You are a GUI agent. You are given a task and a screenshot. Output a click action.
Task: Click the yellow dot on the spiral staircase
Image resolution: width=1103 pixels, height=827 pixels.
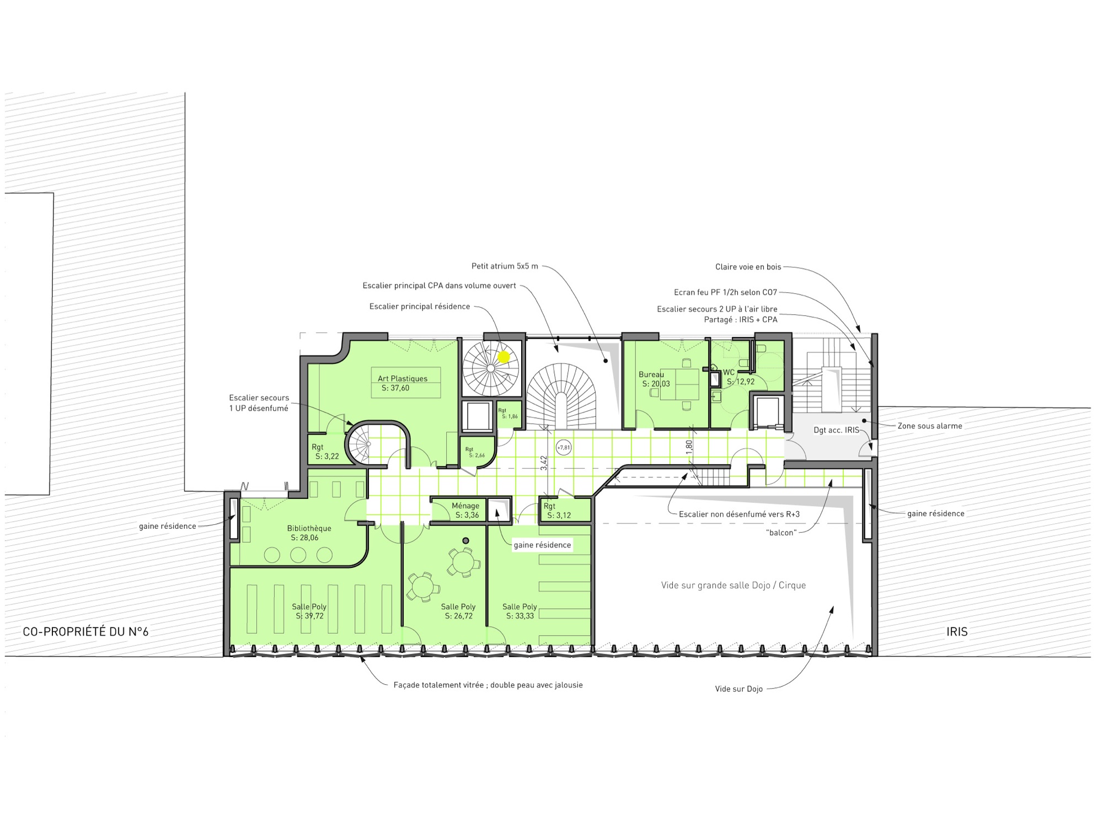tap(504, 357)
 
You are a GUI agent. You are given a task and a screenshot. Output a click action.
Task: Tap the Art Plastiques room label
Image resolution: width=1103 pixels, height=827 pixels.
tap(403, 379)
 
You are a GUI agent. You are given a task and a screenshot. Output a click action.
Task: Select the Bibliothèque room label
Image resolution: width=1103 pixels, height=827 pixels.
tap(309, 528)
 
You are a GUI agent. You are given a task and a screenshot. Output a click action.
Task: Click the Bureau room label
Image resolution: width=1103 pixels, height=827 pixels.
tap(651, 374)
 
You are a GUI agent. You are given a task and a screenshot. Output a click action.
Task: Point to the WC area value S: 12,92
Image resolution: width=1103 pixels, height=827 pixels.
tap(741, 382)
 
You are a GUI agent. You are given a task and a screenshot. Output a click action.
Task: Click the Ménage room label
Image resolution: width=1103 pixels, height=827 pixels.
tap(465, 506)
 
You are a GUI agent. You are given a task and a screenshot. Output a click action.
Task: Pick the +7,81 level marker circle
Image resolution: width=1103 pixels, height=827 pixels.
tap(564, 448)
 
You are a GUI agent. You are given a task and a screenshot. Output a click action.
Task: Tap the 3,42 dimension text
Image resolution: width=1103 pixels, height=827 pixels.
tap(544, 463)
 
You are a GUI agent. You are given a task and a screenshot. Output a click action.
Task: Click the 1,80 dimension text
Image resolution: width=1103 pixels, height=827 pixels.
tap(689, 447)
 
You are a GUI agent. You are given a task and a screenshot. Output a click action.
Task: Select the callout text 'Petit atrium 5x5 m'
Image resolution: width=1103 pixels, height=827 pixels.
tap(505, 266)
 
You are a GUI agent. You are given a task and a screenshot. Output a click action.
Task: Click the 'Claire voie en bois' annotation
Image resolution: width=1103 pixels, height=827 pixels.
tap(748, 267)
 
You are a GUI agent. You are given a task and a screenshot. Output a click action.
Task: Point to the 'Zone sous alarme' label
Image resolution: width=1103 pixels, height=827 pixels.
tap(930, 426)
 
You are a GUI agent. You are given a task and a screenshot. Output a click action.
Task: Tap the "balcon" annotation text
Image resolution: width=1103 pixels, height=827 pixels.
tap(781, 533)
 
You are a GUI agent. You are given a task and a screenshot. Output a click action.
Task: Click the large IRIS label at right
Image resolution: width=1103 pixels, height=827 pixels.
tap(957, 632)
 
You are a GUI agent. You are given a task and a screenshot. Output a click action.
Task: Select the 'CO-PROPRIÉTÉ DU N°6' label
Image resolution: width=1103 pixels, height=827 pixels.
tap(85, 632)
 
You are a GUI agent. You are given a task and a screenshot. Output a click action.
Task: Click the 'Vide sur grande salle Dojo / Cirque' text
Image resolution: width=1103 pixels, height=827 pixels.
tap(733, 585)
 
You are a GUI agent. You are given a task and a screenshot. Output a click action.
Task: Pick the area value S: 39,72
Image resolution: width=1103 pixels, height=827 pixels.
tap(310, 616)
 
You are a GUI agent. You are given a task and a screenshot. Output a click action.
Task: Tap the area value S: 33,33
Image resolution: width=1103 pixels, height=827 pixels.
tap(520, 616)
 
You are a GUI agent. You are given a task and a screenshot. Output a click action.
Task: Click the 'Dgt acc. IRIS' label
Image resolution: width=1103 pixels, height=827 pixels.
tap(837, 430)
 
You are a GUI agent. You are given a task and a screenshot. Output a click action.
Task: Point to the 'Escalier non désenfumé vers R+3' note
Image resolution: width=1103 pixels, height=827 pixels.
tap(739, 514)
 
